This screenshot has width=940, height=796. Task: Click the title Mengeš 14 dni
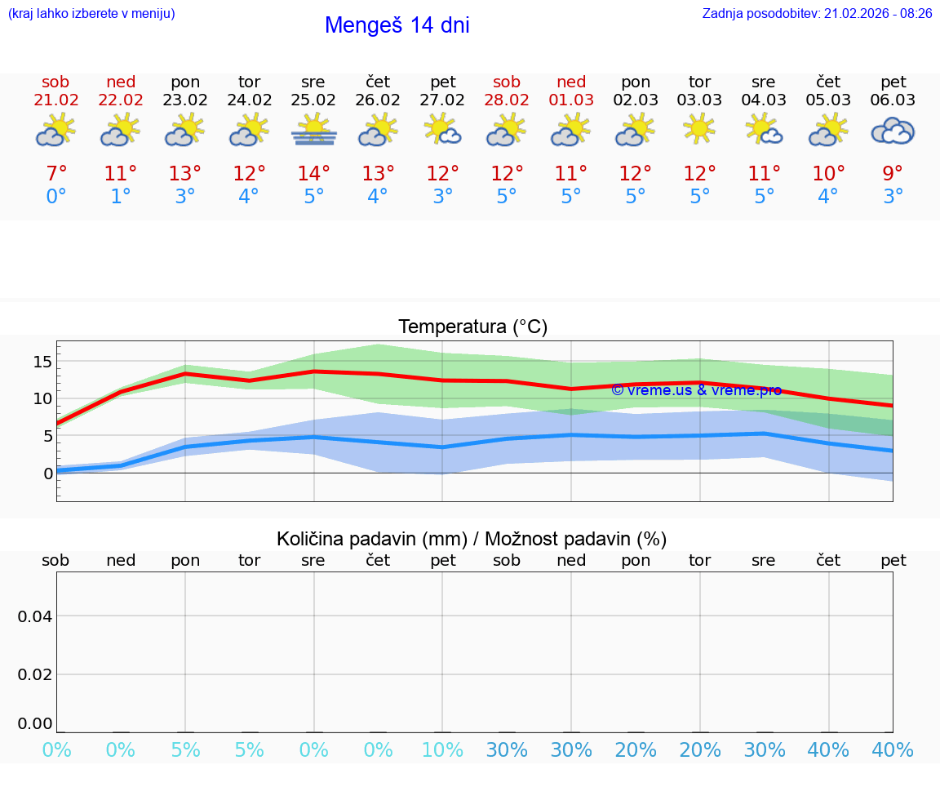pos(397,25)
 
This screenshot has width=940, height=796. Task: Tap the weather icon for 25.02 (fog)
pos(314,130)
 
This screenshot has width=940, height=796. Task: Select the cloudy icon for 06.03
pos(893,131)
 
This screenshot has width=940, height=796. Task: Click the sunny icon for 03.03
pos(699,128)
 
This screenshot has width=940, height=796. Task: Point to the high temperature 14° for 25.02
pos(314,174)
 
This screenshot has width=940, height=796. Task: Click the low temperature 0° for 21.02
pos(55,197)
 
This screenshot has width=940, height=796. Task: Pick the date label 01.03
pos(571,100)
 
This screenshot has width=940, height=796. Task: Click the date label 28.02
pos(507,100)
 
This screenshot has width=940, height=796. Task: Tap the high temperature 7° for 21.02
pos(55,174)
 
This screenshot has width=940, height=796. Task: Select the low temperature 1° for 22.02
pos(121,197)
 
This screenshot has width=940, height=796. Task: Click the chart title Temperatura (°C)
pos(472,327)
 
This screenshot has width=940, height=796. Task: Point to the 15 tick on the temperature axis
pos(43,362)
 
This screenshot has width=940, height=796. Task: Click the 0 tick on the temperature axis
pos(48,474)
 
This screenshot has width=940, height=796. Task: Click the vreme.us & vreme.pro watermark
pos(696,390)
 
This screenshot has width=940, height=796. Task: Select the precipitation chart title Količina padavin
pos(472,539)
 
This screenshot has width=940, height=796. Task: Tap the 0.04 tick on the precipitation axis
pos(35,616)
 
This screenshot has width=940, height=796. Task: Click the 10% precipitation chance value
pos(442,750)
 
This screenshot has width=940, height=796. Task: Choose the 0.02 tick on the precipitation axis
pos(35,674)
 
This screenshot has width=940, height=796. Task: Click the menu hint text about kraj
pos(91,14)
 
